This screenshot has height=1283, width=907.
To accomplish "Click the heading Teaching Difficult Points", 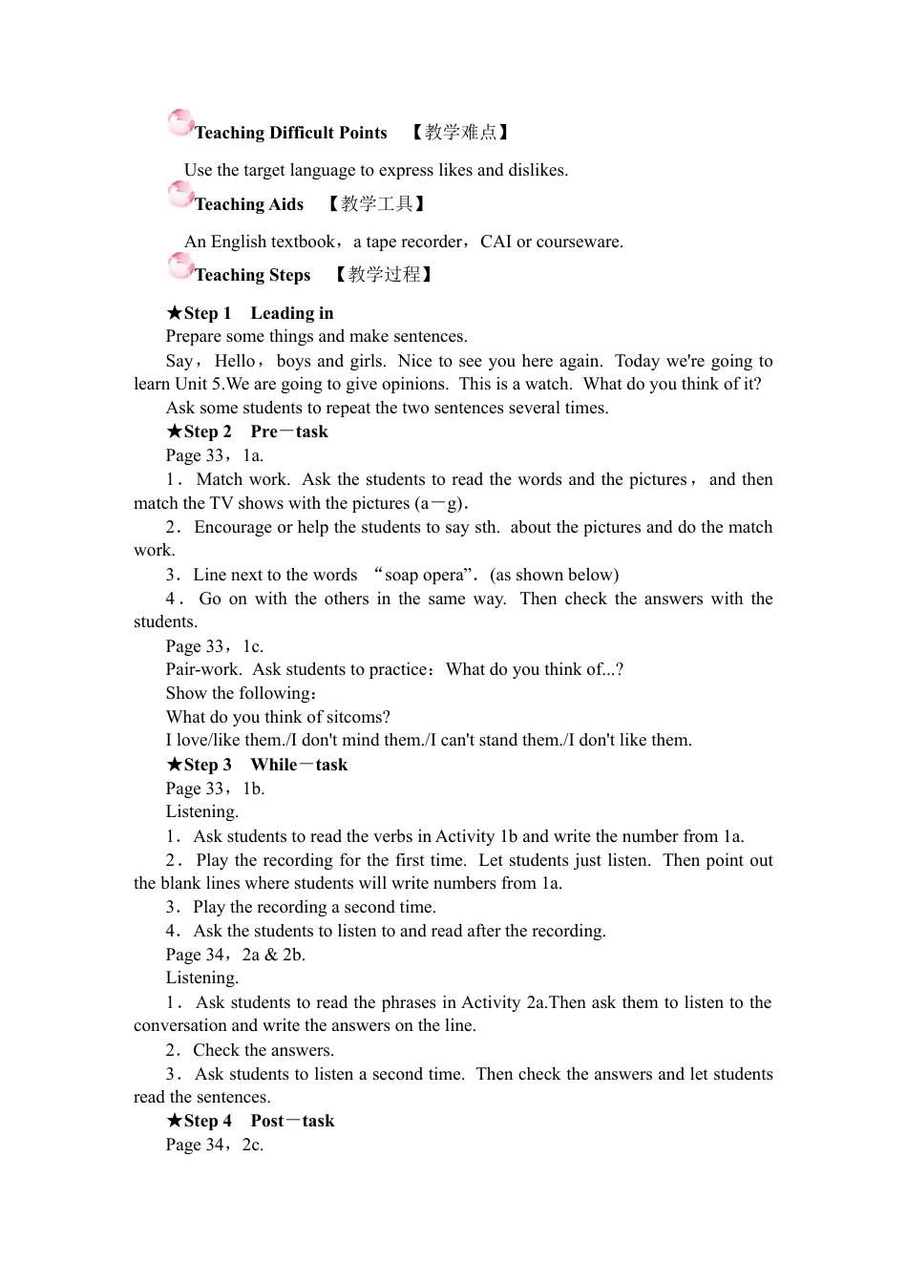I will pyautogui.click(x=290, y=133).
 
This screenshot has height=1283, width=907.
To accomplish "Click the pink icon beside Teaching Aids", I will pyautogui.click(x=179, y=195).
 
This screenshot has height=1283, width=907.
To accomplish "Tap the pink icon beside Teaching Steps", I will pyautogui.click(x=179, y=265).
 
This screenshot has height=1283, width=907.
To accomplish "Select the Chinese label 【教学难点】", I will pyautogui.click(x=460, y=133).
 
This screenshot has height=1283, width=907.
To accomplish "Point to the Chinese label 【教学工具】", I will pyautogui.click(x=376, y=204).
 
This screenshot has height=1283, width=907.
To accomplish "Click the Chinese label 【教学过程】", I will pyautogui.click(x=384, y=275).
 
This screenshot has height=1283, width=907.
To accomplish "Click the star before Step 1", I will pyautogui.click(x=174, y=313).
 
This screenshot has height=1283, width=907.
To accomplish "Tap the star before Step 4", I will pyautogui.click(x=174, y=1121).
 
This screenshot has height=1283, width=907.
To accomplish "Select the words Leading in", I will pyautogui.click(x=292, y=313).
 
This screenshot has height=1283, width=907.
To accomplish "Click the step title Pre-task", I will pyautogui.click(x=289, y=431).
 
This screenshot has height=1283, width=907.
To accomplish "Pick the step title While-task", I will pyautogui.click(x=299, y=765).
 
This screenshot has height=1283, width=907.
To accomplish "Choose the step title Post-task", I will pyautogui.click(x=292, y=1121).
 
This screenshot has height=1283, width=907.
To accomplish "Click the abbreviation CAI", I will pyautogui.click(x=496, y=242).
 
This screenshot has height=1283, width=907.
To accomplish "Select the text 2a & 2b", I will pyautogui.click(x=273, y=955).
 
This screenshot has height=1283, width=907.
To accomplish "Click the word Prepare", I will pyautogui.click(x=197, y=336).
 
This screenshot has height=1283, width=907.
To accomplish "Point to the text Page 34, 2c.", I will pyautogui.click(x=214, y=1145).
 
